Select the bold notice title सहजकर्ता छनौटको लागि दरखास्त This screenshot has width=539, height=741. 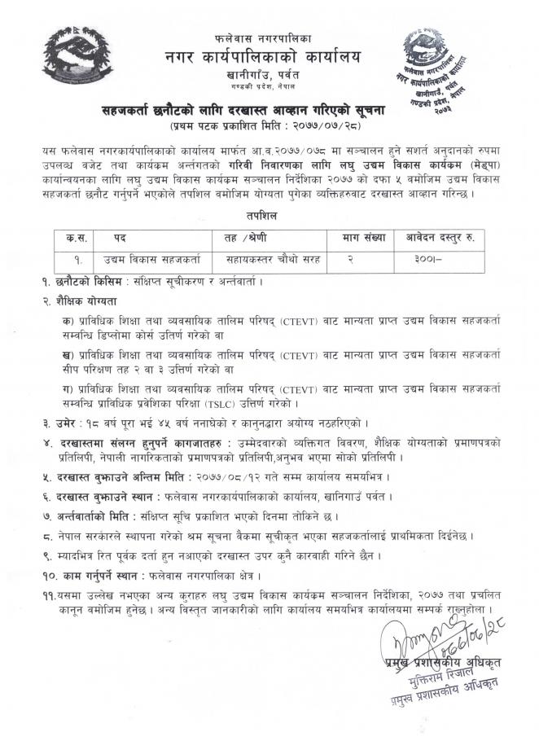[269, 109]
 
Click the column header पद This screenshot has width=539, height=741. [121, 238]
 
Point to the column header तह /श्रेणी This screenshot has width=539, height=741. [247, 238]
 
